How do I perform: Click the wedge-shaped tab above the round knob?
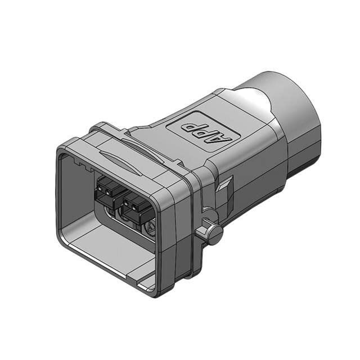(x=225, y=185)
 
